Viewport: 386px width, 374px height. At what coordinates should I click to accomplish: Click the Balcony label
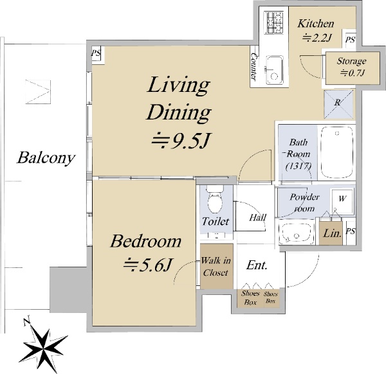pos(46,158)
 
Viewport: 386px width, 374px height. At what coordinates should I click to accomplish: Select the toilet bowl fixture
pos(215,199)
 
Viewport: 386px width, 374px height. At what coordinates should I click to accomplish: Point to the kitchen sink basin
pos(274,70)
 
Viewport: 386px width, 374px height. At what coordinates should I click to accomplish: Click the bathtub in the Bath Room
pos(337,152)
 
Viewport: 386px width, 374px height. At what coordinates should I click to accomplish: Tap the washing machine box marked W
pos(342,200)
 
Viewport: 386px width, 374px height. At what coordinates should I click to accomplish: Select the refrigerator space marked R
pos(338,104)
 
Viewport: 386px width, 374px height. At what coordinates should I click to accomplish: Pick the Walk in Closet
pos(216,266)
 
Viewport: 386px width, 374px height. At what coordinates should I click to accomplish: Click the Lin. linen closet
pos(331,233)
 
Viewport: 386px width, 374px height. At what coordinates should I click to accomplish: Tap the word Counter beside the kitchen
pos(254,66)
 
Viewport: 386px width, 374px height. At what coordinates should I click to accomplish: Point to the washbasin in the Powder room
pos(296,234)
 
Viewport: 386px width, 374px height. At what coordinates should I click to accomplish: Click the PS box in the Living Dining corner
pos(97,55)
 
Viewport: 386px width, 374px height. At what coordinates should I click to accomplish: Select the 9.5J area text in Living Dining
pos(180,141)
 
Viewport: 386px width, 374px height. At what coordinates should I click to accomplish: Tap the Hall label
pos(257,217)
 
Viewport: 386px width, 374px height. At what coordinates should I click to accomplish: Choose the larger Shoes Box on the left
pos(250,298)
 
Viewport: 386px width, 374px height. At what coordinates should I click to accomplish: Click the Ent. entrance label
pos(257,265)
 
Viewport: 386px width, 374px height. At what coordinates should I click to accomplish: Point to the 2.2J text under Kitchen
pos(317,38)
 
